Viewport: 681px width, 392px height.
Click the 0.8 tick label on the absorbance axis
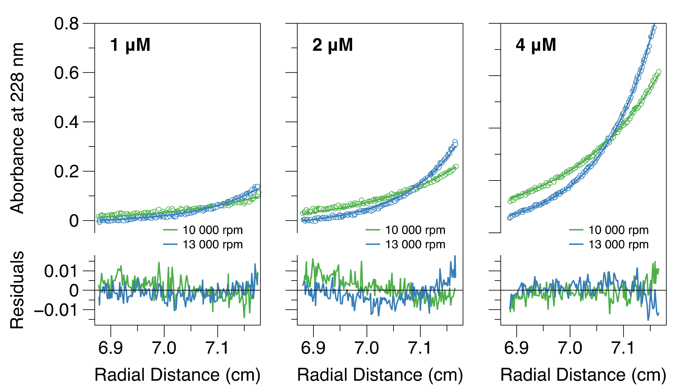pyautogui.click(x=66, y=24)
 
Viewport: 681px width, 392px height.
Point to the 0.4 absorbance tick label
pyautogui.click(x=66, y=122)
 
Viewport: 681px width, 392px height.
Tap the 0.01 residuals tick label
pyautogui.click(x=61, y=271)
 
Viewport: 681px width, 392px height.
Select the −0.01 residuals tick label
pyautogui.click(x=56, y=310)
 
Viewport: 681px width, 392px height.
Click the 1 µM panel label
pyautogui.click(x=130, y=45)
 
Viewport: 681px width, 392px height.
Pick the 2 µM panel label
pyautogui.click(x=332, y=45)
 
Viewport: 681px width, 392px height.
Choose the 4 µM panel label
pyautogui.click(x=536, y=45)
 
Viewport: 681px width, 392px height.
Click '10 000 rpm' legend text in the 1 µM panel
pyautogui.click(x=212, y=230)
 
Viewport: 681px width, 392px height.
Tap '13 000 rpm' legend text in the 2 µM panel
pyautogui.click(x=415, y=244)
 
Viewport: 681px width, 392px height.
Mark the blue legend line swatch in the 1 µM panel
pyautogui.click(x=170, y=244)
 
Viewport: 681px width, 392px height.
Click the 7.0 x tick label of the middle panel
pyautogui.click(x=367, y=348)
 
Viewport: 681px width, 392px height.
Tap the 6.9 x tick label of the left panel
pyautogui.click(x=110, y=348)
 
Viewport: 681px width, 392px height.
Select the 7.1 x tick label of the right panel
pyautogui.click(x=623, y=348)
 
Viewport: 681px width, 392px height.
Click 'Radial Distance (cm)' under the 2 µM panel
pyautogui.click(x=380, y=375)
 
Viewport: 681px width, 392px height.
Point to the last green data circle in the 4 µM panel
pyautogui.click(x=659, y=71)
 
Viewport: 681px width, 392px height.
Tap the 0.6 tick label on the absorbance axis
pyautogui.click(x=66, y=73)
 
